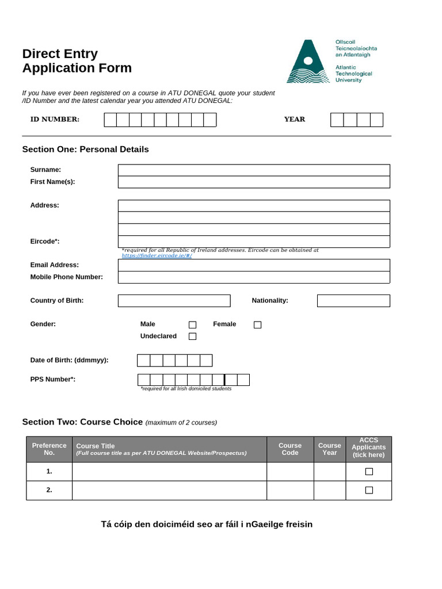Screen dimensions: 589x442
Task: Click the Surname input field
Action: pyautogui.click(x=254, y=170)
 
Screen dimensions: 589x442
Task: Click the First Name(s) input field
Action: pyautogui.click(x=254, y=182)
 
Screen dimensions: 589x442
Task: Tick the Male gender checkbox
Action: pyautogui.click(x=193, y=324)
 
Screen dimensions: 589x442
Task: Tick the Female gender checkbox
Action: pyautogui.click(x=257, y=324)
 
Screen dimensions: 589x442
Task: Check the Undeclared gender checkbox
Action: pyautogui.click(x=193, y=336)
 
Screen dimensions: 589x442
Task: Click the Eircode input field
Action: pyautogui.click(x=254, y=242)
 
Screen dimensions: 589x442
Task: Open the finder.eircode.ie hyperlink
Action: pyautogui.click(x=157, y=255)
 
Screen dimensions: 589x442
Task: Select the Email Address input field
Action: pyautogui.click(x=254, y=265)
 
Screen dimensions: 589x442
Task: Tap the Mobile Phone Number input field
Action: pyautogui.click(x=254, y=277)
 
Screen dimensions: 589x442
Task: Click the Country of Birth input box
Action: pyautogui.click(x=174, y=301)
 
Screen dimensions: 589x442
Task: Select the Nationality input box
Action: pyautogui.click(x=353, y=301)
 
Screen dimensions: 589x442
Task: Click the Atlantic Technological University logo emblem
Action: pyautogui.click(x=308, y=62)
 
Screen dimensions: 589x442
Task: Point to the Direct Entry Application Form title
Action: pyautogui.click(x=77, y=61)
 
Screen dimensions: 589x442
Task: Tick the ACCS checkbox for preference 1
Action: pyautogui.click(x=369, y=472)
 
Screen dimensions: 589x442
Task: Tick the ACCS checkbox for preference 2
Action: pyautogui.click(x=369, y=490)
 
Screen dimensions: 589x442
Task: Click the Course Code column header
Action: pyautogui.click(x=290, y=449)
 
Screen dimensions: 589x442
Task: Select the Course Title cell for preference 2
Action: pyautogui.click(x=169, y=490)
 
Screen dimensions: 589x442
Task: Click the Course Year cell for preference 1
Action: pyautogui.click(x=330, y=472)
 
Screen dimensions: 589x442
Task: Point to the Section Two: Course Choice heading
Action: pyautogui.click(x=82, y=422)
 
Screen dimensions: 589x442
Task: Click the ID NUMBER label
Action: pyautogui.click(x=55, y=120)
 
